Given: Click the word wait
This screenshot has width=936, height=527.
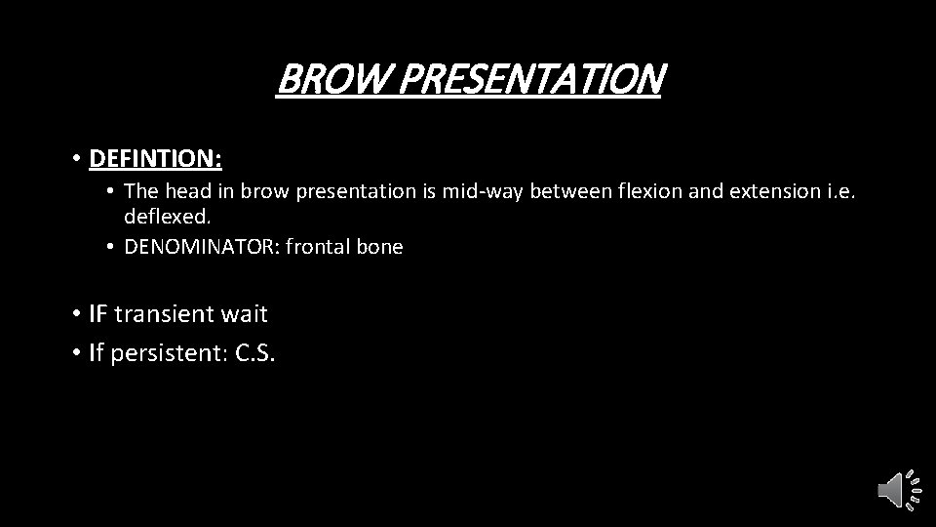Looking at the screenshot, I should [243, 314].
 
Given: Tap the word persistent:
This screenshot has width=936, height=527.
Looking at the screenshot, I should [170, 351].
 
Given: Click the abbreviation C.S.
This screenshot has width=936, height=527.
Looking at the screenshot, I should [256, 351].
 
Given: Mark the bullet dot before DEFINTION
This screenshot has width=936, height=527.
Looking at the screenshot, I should [75, 157].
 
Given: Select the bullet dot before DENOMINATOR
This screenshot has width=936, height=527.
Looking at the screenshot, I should [112, 248].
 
